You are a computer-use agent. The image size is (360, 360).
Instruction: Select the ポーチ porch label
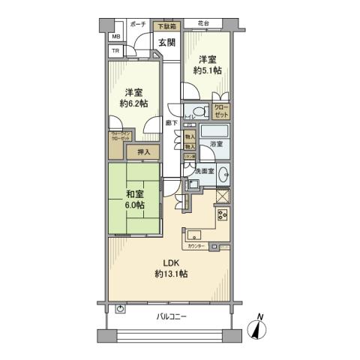[x=137, y=25]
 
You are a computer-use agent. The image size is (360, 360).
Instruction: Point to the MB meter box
[x=115, y=37]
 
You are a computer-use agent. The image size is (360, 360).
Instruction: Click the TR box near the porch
[x=115, y=51]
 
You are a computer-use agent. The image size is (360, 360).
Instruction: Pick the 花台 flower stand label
[x=202, y=24]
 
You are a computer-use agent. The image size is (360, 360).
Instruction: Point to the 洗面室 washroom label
[x=204, y=172]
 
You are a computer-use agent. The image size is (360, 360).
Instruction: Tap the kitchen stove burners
[x=223, y=214]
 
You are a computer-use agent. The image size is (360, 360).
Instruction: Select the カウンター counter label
[x=196, y=246]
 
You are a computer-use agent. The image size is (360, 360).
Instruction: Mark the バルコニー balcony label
[x=172, y=317]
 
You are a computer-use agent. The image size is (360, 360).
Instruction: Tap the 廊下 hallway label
[x=171, y=122]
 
